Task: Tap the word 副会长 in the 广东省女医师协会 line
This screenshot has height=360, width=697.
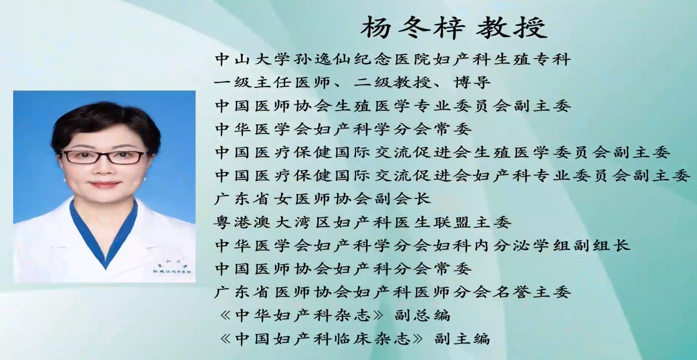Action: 402,199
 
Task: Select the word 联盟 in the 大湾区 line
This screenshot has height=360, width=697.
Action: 452,222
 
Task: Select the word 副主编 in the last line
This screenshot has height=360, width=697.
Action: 462,339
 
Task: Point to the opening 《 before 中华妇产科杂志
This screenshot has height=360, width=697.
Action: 225,315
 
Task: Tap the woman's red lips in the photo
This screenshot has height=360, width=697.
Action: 104,184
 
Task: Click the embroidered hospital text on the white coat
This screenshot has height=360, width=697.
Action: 172,268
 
